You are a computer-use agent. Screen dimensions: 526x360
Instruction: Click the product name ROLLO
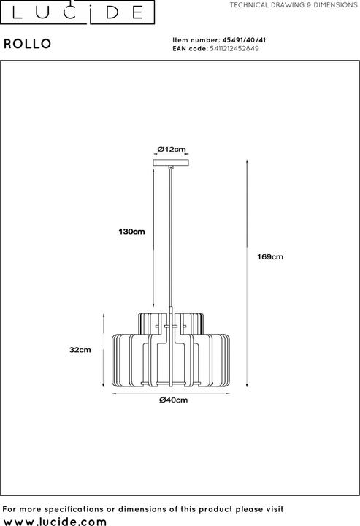click(x=27, y=43)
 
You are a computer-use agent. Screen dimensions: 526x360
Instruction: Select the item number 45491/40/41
click(x=235, y=41)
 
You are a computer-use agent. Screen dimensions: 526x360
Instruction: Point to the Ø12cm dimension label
click(x=172, y=149)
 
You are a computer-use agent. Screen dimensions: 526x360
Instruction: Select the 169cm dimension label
click(x=271, y=257)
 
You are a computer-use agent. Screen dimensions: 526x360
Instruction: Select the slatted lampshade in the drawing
click(x=172, y=351)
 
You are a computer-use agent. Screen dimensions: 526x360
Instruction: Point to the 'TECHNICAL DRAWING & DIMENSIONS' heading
click(x=293, y=5)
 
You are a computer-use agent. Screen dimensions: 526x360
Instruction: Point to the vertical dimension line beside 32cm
click(x=101, y=350)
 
